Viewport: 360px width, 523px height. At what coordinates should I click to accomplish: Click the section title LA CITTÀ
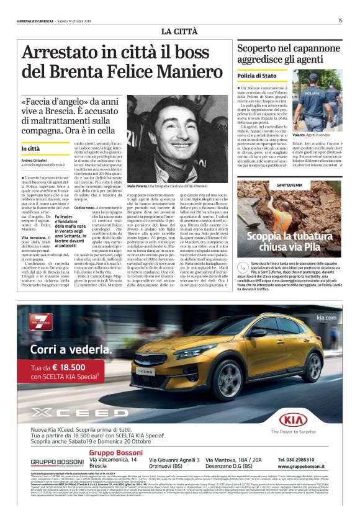[179, 31]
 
